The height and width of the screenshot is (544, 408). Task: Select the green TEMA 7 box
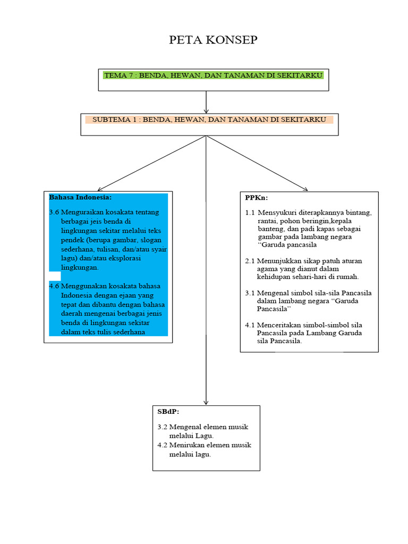tap(214, 75)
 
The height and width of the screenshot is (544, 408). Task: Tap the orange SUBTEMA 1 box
tap(209, 120)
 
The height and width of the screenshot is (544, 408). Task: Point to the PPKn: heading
tap(257, 198)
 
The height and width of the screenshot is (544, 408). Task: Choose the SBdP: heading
tap(168, 412)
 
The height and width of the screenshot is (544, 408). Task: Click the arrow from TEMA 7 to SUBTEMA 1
tap(206, 102)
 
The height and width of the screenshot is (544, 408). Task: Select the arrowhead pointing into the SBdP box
tap(206, 402)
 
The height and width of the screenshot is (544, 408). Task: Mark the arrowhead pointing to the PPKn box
tap(304, 188)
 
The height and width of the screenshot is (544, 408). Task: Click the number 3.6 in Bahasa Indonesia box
tap(54, 212)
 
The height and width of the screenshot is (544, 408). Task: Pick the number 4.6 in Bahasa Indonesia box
tap(54, 286)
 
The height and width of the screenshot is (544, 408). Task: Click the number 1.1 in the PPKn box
tap(250, 212)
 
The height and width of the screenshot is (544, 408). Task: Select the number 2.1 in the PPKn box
tap(250, 261)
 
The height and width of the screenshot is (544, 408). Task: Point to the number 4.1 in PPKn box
tap(250, 325)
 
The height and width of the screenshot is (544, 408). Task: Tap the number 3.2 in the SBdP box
tap(163, 427)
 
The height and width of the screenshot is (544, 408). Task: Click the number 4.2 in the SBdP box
tap(163, 445)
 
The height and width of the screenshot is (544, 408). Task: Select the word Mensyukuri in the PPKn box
tap(278, 212)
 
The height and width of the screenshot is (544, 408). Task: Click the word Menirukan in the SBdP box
tap(186, 445)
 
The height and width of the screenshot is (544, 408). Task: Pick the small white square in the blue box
tap(55, 276)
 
